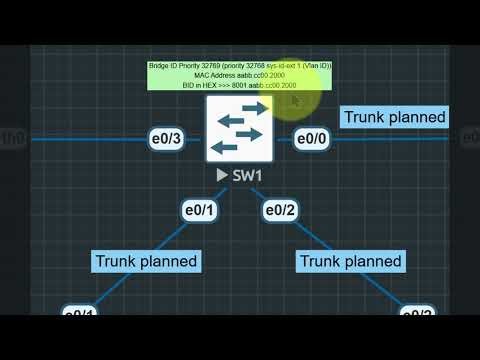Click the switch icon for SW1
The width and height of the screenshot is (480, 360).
click(x=239, y=128)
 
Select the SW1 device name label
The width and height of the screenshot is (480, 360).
click(x=247, y=175)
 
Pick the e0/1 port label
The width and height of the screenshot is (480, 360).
click(x=200, y=210)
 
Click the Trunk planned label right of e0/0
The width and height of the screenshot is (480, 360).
click(x=394, y=117)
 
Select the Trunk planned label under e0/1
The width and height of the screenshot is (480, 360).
click(x=146, y=261)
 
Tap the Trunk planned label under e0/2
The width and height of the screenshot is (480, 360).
click(x=351, y=261)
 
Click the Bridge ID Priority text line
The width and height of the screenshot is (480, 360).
click(x=239, y=66)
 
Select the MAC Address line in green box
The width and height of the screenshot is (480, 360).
click(x=239, y=76)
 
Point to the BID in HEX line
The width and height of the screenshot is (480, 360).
click(x=239, y=86)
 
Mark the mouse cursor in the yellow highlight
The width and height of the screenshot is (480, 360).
click(x=295, y=99)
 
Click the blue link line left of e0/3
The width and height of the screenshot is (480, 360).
click(x=70, y=139)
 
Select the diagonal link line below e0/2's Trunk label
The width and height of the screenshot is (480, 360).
click(x=395, y=292)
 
